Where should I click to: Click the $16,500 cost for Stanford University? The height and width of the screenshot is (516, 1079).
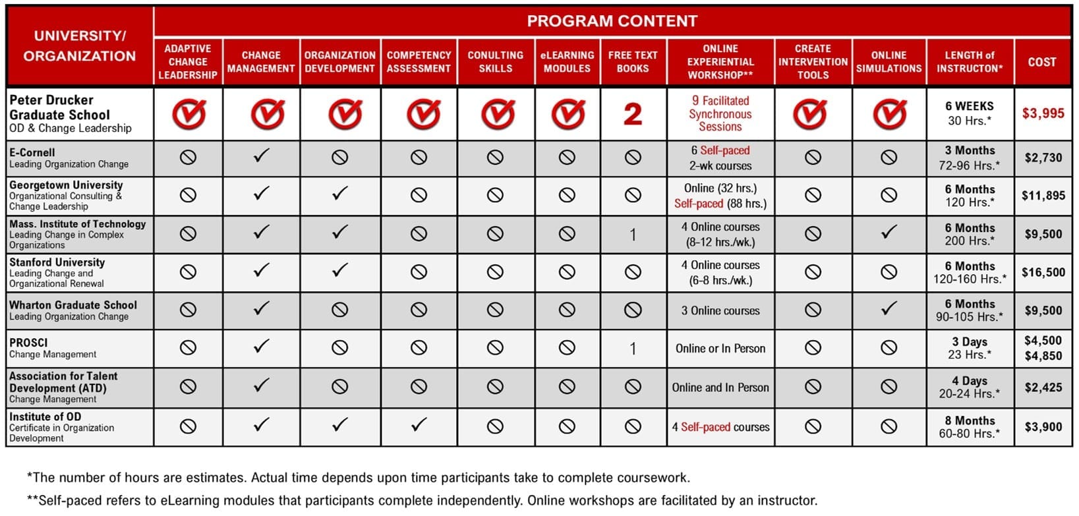point(1043,272)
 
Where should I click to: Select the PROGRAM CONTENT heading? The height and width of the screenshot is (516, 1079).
point(612,21)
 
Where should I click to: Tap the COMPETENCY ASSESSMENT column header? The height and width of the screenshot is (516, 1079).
point(419,62)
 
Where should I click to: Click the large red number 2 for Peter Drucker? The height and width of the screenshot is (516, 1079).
point(633,115)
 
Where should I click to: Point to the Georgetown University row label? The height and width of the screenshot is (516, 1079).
point(66,195)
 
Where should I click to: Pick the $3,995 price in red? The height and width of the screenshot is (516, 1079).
point(1043,113)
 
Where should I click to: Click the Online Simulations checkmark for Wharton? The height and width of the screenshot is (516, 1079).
point(889,308)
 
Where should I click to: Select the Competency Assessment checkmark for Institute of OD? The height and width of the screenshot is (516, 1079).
point(419,425)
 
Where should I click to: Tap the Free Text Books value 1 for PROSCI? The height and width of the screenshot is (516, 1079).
point(633,349)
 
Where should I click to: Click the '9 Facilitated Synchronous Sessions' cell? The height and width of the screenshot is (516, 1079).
point(720,114)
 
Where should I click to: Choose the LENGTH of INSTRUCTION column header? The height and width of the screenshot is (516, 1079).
point(970,62)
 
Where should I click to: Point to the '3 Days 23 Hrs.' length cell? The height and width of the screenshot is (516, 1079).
point(970,348)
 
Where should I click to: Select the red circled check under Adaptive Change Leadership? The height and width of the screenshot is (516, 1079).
point(189,115)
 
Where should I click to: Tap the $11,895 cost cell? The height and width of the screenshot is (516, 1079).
point(1043,195)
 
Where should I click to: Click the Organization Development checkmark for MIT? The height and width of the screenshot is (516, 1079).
point(339,232)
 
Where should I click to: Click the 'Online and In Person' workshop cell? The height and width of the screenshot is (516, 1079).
point(720,387)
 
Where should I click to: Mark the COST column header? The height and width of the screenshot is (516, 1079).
point(1042,62)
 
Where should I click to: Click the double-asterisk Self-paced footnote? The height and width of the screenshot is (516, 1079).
point(422,500)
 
